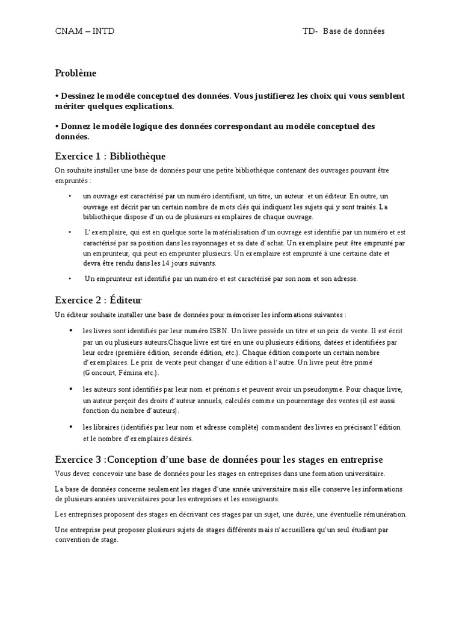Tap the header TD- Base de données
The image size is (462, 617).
pos(343,31)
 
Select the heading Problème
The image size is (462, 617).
pos(75,73)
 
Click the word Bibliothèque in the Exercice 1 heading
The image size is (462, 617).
pos(138,156)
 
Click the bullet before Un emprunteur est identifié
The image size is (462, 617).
pos(70,278)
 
